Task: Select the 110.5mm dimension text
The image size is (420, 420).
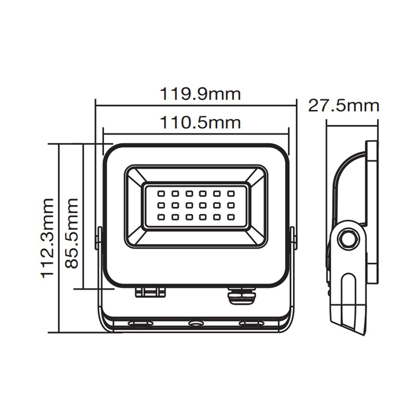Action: [199, 123]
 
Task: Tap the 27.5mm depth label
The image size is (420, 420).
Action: [344, 106]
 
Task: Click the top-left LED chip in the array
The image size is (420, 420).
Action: [161, 194]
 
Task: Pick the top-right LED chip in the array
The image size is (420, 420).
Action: [231, 194]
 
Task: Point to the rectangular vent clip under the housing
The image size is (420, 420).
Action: [150, 292]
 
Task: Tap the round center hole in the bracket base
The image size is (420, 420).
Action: [196, 324]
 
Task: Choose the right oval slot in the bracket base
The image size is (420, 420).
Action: [251, 324]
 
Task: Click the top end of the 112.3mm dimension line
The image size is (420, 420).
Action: [60, 144]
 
